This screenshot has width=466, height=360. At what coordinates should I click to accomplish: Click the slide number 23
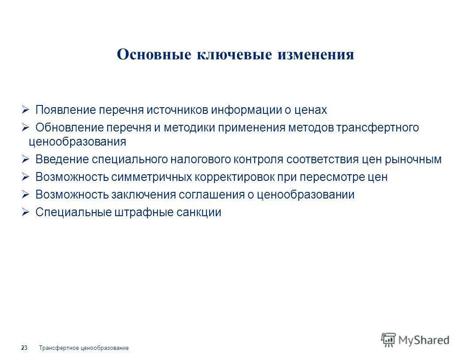[24, 348]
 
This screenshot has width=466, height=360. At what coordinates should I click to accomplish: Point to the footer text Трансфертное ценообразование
[84, 348]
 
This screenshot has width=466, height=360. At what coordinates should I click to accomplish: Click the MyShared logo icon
[389, 340]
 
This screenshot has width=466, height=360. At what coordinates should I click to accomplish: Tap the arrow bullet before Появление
[25, 109]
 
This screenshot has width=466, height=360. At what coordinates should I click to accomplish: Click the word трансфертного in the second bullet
[377, 127]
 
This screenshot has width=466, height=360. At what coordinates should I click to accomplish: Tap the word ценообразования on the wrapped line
[77, 142]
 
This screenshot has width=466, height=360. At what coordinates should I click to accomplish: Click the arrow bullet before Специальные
[25, 212]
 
